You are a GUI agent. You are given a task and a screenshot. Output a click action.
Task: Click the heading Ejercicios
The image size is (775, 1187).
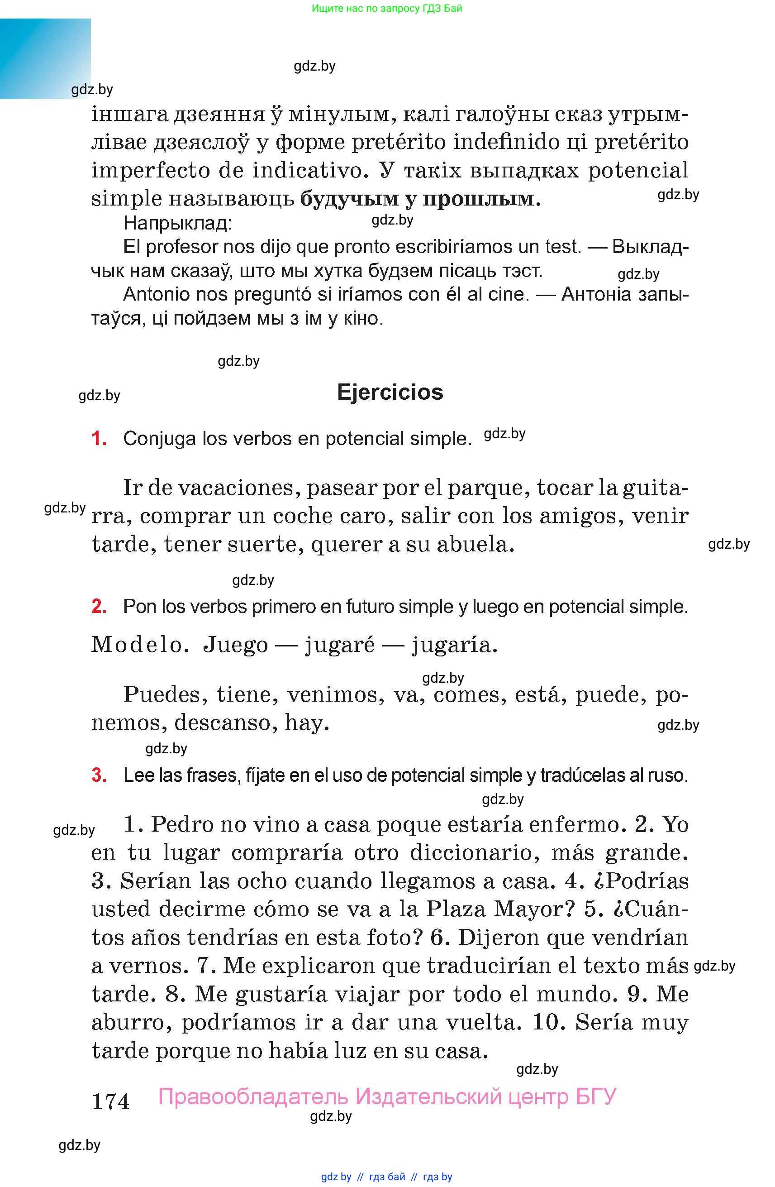[390, 392]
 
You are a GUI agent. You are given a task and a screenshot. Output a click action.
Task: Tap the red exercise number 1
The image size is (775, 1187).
[99, 438]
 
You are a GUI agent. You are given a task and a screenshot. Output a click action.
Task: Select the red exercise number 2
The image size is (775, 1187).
[99, 607]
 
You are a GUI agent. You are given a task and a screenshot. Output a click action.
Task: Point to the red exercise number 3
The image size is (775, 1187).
[99, 775]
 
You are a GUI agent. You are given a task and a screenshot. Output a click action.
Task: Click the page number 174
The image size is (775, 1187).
[111, 1101]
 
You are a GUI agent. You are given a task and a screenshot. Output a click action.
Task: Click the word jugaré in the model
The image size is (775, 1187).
[339, 645]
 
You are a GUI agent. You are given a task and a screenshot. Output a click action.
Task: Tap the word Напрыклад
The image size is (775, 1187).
[177, 223]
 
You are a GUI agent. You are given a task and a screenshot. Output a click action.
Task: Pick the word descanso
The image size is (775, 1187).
[226, 722]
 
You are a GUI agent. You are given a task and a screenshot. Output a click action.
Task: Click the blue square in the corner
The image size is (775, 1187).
[45, 58]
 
